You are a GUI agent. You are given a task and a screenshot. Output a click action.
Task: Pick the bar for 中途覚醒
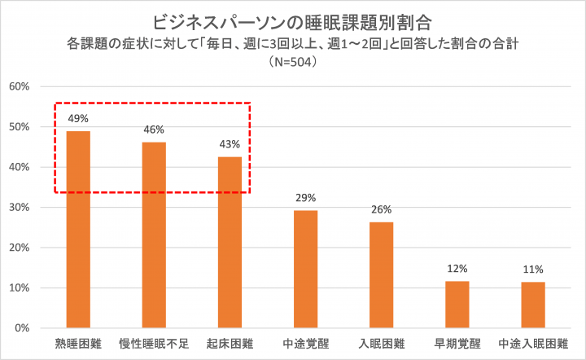click(306, 269)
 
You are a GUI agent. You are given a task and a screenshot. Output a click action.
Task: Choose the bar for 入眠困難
click(382, 275)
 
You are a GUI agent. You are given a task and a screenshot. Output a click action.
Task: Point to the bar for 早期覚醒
click(457, 305)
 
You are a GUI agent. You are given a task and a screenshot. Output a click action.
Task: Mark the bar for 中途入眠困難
click(533, 305)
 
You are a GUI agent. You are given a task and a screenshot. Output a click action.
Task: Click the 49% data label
click(78, 118)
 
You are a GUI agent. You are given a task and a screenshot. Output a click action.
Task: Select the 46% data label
click(154, 130)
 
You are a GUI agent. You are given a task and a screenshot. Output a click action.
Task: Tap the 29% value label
click(306, 198)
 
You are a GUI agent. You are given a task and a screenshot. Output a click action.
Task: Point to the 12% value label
click(457, 269)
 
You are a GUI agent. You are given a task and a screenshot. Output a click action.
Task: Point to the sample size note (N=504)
click(293, 61)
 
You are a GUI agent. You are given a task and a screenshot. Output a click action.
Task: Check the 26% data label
click(382, 209)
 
